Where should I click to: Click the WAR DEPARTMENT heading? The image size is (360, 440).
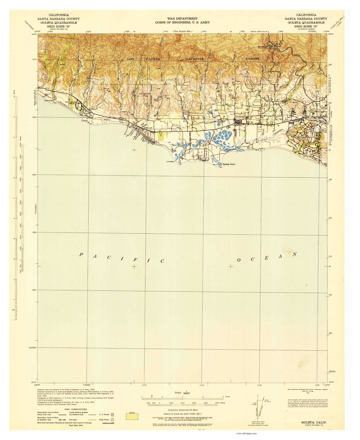click(180, 15)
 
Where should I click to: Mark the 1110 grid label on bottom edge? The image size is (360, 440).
click(144, 384)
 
